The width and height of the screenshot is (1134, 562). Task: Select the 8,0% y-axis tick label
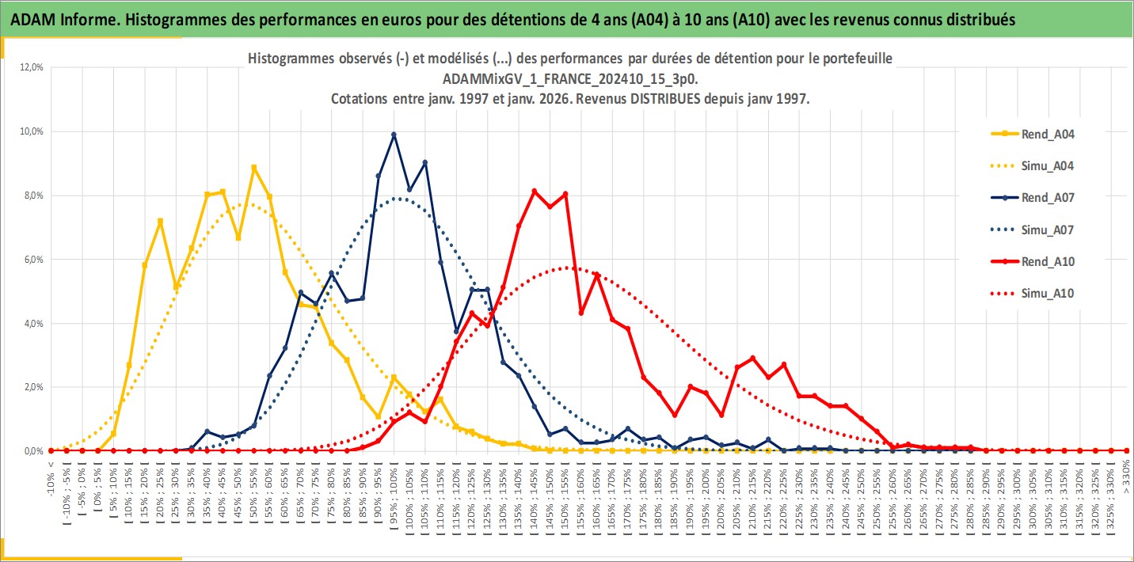(32, 196)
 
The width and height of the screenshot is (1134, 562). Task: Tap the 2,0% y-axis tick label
(32, 387)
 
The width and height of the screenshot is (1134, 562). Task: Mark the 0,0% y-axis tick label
(32, 451)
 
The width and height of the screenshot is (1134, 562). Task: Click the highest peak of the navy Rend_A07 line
(394, 135)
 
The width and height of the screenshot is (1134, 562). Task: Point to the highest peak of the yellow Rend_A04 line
(253, 168)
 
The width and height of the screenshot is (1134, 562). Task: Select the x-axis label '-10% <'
(51, 480)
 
